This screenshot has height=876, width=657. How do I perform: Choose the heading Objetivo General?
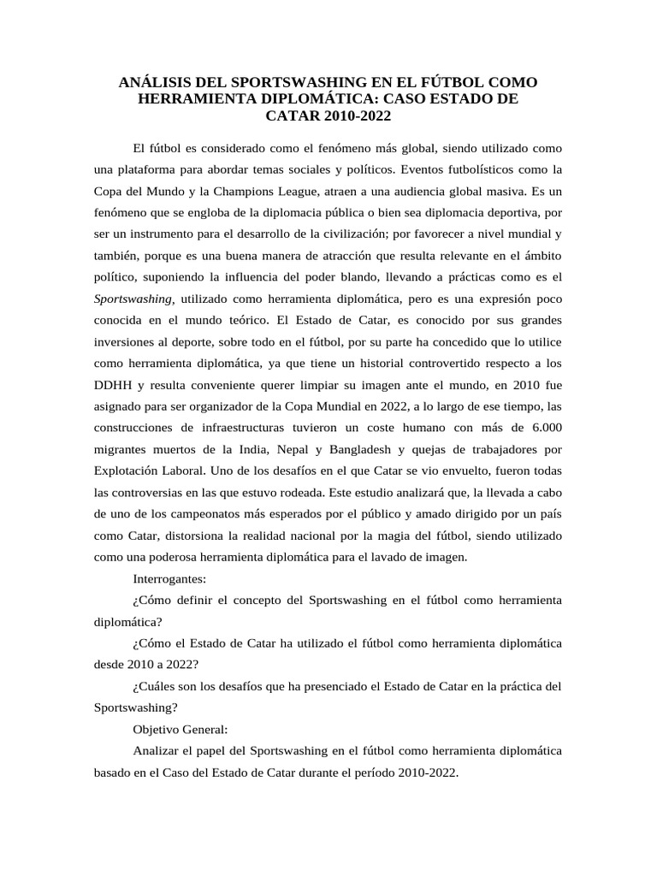click(181, 729)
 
